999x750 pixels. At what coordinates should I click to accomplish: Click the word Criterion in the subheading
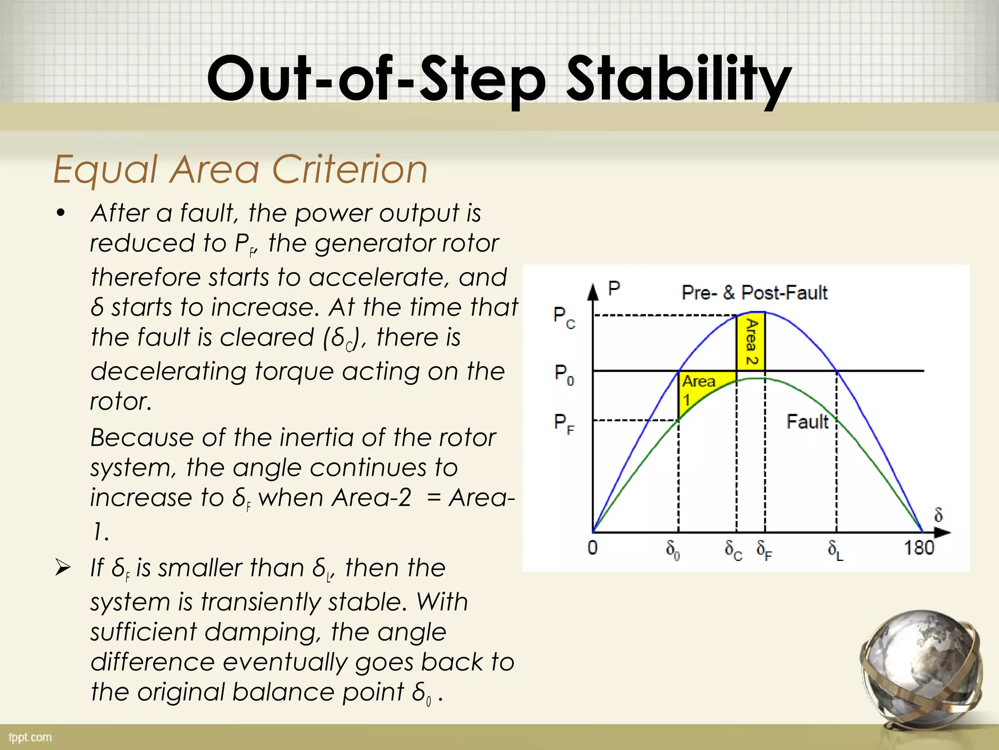coord(349,169)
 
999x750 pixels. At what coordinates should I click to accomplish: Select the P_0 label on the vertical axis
coord(564,375)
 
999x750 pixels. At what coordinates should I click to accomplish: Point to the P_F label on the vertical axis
coord(564,423)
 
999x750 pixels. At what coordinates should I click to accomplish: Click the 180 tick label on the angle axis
coord(919,548)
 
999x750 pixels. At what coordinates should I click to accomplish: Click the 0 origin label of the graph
coord(592,548)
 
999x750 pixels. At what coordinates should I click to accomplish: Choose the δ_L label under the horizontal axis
coord(835,550)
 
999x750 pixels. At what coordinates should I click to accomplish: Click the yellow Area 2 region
coord(751,342)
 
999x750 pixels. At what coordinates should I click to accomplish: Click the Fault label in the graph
coord(807,421)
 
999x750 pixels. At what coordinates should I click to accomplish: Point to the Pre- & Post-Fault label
coord(754,292)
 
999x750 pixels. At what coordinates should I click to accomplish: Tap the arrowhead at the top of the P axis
coord(593,292)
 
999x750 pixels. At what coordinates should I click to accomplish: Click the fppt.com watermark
coord(30,737)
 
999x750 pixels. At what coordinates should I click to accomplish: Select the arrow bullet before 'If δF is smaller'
coord(62,568)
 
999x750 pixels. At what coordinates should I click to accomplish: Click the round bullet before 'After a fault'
coord(60,213)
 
